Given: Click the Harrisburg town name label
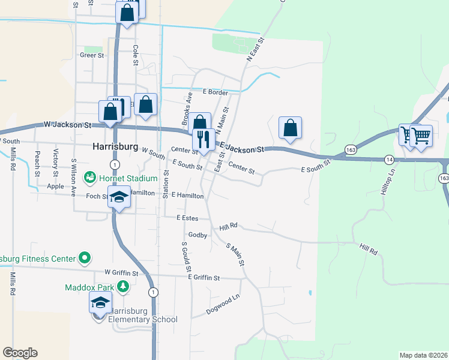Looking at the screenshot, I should coord(116,146).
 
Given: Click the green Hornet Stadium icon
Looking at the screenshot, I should coord(89,177).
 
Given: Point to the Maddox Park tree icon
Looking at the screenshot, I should coord(123,287).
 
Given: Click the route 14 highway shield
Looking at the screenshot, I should coord(390,159).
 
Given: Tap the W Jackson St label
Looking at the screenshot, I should coord(67,125).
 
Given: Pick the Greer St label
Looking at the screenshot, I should coord(92,55).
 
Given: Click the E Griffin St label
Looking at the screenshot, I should coord(204,278).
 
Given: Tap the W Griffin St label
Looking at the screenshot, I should coord(121,273).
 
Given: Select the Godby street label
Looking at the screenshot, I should coord(197,235).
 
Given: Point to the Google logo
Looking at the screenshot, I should coord(20,353).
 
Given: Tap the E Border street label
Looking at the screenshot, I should coord(215,92).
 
